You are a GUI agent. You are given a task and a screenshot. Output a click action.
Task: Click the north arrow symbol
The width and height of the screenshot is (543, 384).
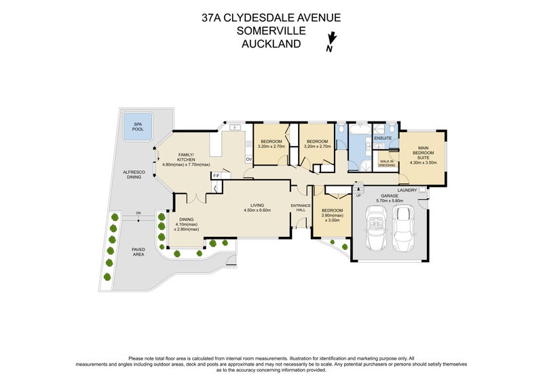331,42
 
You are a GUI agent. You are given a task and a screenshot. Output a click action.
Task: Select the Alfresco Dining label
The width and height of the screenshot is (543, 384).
133,176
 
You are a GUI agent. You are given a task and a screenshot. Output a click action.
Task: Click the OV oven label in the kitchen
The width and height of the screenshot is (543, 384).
248,159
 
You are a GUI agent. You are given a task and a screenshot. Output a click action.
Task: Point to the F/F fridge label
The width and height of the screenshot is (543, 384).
217,176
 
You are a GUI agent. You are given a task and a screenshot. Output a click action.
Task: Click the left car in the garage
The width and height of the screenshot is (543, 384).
375,227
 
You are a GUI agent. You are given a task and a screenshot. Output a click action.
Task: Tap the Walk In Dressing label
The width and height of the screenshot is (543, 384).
387,163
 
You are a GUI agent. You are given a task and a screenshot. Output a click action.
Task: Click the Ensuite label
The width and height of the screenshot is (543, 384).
383,138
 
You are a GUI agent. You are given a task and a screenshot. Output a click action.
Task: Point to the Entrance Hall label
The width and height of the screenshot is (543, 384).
301,208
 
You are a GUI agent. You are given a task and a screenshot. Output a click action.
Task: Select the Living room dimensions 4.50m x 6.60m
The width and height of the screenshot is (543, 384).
257,210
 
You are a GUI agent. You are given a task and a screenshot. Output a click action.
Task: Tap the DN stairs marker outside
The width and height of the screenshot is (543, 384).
138,213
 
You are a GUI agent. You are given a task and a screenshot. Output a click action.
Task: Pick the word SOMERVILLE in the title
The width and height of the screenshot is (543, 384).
271,31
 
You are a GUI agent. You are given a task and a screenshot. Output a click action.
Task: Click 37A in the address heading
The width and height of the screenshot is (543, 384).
212,17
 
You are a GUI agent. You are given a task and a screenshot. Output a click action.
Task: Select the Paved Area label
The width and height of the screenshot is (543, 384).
138,251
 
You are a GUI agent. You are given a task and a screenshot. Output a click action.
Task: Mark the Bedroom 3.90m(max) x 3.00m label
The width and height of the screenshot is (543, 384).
332,215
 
